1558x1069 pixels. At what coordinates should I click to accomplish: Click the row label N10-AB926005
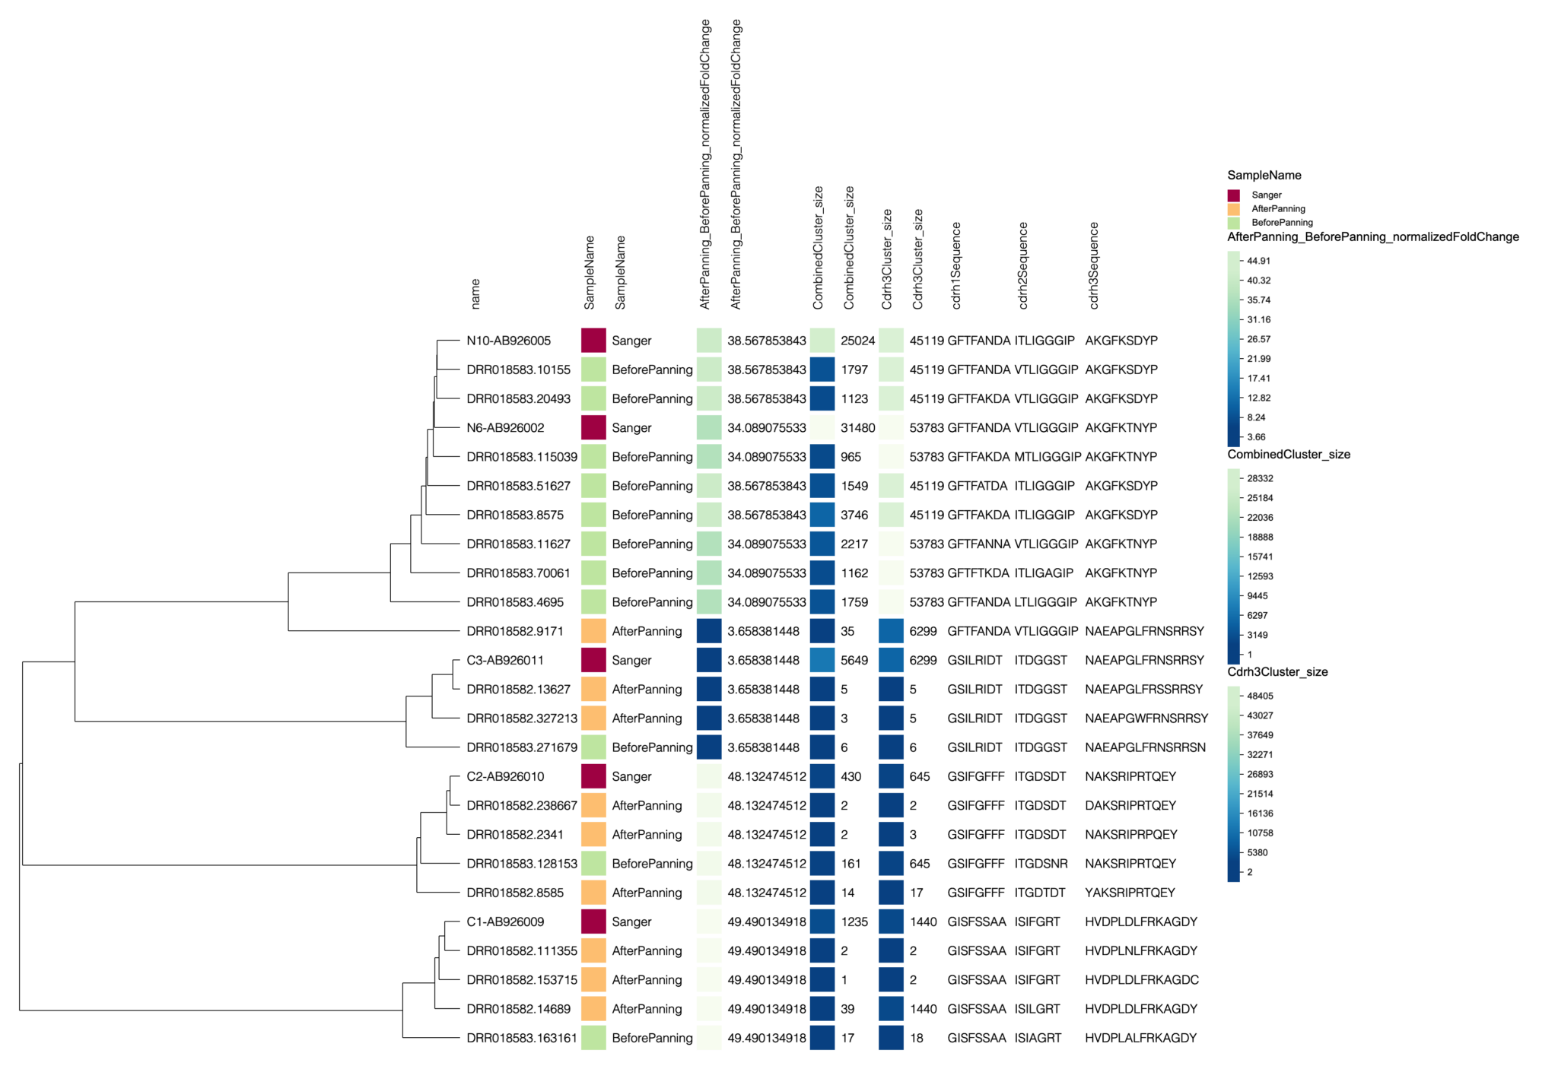coord(508,341)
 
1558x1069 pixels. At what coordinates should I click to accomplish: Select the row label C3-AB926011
coord(505,660)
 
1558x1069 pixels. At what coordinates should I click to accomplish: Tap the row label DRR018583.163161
coord(522,1038)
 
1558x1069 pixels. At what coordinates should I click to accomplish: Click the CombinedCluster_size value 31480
coord(857,428)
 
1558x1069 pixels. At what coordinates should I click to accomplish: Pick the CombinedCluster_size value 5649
coord(854,660)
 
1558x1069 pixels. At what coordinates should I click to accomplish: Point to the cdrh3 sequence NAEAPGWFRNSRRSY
coord(1146,718)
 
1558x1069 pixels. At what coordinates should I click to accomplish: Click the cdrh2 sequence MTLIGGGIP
coord(1047,457)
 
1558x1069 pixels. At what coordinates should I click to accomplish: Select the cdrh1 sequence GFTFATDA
coord(977,486)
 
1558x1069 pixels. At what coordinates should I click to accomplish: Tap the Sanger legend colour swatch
coord(1233,195)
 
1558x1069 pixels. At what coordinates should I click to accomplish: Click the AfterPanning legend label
coord(1278,209)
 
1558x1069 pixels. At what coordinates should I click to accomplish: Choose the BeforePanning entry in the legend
coord(1282,223)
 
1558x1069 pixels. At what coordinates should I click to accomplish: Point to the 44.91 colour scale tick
coord(1258,261)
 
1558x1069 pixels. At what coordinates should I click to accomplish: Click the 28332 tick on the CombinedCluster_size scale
coord(1260,478)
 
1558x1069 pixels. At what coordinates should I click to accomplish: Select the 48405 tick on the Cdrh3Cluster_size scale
coord(1260,696)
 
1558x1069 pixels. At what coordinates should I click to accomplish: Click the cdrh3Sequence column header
coord(1094,265)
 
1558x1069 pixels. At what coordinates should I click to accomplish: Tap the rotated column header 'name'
coord(475,293)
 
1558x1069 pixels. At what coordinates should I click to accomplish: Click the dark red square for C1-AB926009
coord(593,921)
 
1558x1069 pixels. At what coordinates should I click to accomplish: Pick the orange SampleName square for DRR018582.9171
coord(593,631)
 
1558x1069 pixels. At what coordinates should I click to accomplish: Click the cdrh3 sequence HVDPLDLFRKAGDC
coord(1141,980)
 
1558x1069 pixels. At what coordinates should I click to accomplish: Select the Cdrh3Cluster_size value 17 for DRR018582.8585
coord(916,893)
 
